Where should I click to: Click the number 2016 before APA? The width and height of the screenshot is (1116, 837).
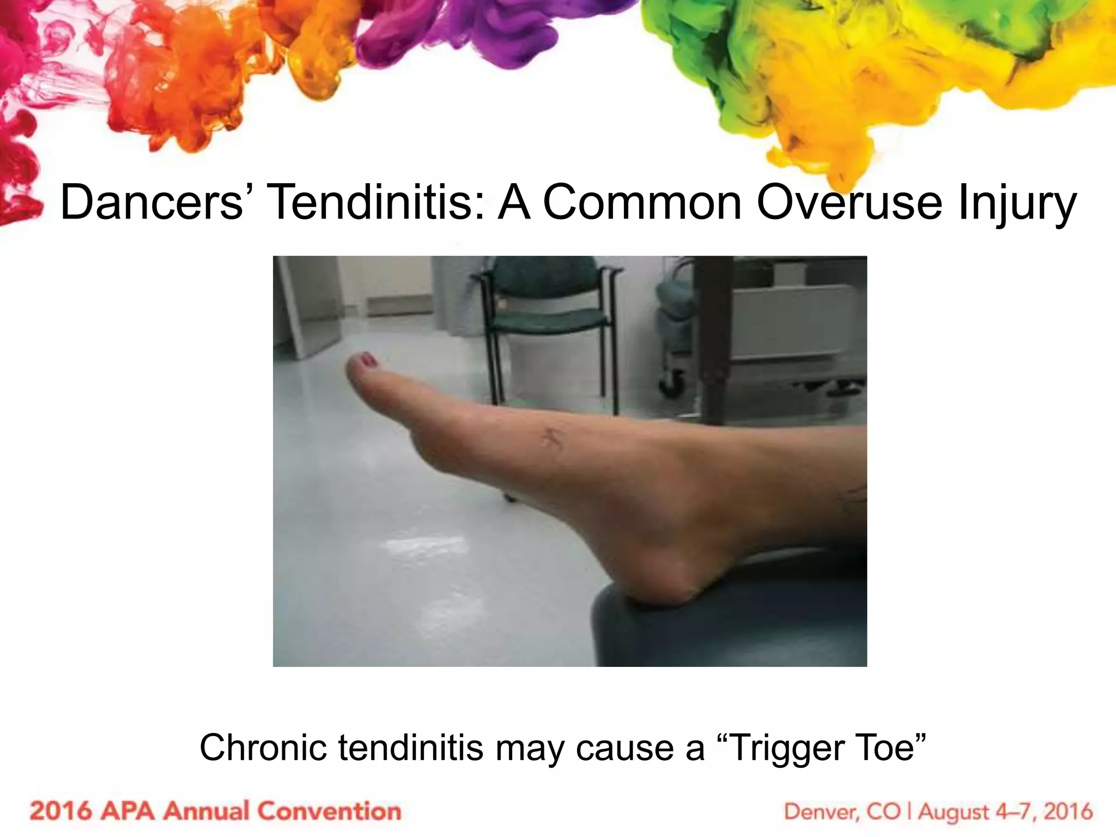pyautogui.click(x=60, y=811)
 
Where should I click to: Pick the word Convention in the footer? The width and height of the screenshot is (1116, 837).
pyautogui.click(x=329, y=811)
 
